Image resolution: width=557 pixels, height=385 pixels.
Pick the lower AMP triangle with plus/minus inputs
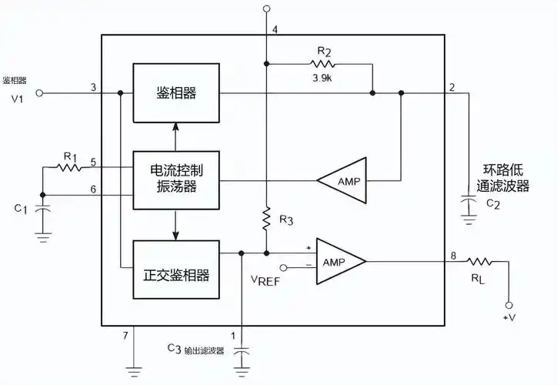coord(338,262)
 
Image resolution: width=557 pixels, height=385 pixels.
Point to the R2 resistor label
coord(324,52)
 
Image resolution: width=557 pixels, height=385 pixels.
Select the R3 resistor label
coord(285,221)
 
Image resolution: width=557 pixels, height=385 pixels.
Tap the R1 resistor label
coord(71,156)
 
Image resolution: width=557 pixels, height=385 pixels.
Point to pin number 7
coord(125,336)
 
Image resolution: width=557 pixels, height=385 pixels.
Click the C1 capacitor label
coord(22,209)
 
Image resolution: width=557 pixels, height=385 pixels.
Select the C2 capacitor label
coord(493,203)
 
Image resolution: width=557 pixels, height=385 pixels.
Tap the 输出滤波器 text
coord(202,350)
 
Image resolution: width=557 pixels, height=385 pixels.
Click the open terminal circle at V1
coord(42,93)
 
